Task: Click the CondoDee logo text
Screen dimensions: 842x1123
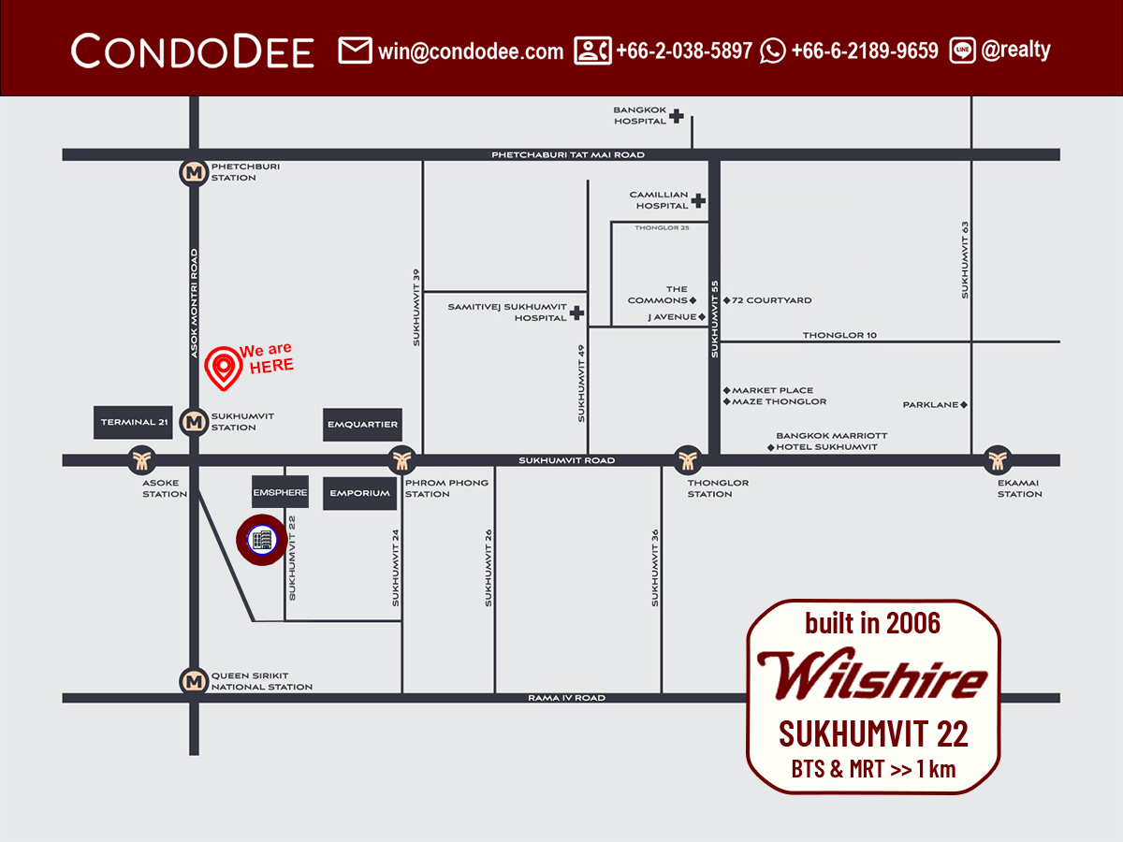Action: [x=193, y=51]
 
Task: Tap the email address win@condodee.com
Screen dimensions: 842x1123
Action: [x=471, y=51]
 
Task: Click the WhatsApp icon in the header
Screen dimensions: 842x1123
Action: [x=773, y=51]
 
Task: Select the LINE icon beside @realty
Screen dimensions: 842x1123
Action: [x=962, y=51]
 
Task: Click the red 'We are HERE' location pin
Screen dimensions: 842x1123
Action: [x=223, y=368]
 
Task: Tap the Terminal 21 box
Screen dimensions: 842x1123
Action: [x=135, y=423]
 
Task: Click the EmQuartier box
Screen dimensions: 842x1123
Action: [x=362, y=425]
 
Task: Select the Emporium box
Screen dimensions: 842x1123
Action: [x=360, y=493]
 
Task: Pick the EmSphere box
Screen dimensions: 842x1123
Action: [x=280, y=492]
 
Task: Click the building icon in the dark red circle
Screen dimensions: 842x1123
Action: [x=262, y=540]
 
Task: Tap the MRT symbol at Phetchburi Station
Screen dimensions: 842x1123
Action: [x=194, y=172]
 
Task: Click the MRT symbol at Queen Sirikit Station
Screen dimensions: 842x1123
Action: [x=194, y=681]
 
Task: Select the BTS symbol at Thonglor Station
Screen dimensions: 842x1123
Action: [x=688, y=459]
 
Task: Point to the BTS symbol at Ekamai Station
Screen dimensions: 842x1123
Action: [x=998, y=459]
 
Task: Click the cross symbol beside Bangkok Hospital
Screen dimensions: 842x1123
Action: [x=676, y=116]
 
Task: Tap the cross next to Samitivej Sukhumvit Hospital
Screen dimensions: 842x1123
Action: [x=576, y=312]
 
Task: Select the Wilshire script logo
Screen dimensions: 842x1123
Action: [x=871, y=675]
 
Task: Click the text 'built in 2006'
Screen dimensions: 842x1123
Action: [x=872, y=623]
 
